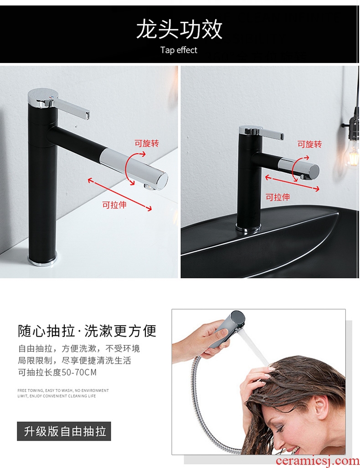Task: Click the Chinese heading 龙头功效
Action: coord(179,29)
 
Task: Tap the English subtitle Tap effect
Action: coord(179,50)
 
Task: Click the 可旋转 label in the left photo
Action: coord(147,143)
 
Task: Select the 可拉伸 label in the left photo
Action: coord(114,205)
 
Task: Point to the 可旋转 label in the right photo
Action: coord(309,145)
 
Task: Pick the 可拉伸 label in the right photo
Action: coord(278,197)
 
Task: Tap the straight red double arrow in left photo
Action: coord(120,194)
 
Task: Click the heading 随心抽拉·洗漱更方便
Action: coord(87,331)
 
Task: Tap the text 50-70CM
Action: coord(79,373)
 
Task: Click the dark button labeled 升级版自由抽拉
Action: coord(64,432)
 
